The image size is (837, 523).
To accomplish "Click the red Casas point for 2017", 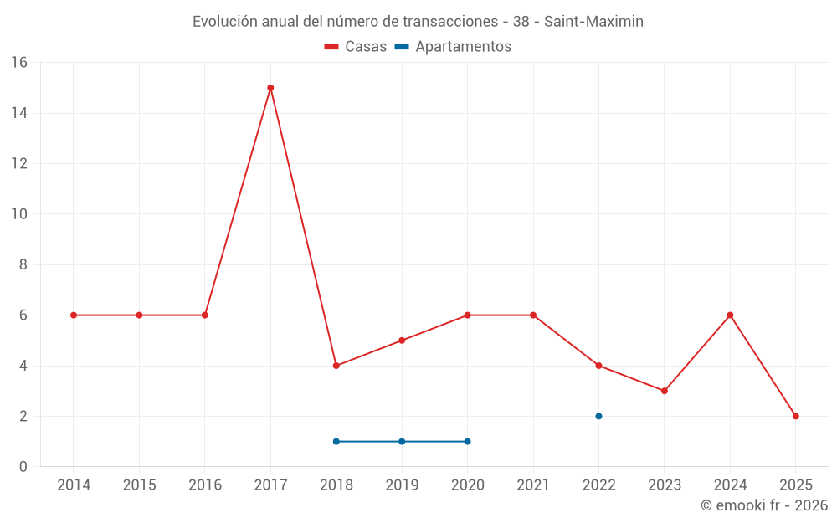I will [x=270, y=88].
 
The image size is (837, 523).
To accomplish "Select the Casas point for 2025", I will [x=795, y=416].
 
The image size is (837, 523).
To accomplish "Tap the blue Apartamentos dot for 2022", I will [x=598, y=416].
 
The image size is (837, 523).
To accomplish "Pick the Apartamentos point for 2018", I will [x=336, y=441].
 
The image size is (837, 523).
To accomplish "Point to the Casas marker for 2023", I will [x=664, y=391].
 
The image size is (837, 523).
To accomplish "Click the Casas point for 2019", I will [x=402, y=341].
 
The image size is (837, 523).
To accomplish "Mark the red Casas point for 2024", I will [x=730, y=315].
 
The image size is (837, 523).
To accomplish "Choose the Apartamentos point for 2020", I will [x=467, y=441].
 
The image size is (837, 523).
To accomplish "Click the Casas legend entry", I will [x=356, y=47].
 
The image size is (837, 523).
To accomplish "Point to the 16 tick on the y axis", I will [x=18, y=63].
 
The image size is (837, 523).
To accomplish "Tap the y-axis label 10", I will [x=18, y=214].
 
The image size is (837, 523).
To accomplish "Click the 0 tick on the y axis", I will [x=23, y=467].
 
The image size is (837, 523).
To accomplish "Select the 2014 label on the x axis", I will [x=74, y=485].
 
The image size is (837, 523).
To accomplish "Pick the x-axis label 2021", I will [x=533, y=485].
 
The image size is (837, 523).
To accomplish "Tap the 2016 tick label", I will [x=205, y=485].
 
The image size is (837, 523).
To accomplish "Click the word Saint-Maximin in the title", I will [x=593, y=22].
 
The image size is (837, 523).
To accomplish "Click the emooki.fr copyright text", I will [x=763, y=505].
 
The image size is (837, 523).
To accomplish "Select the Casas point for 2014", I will [x=74, y=315].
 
